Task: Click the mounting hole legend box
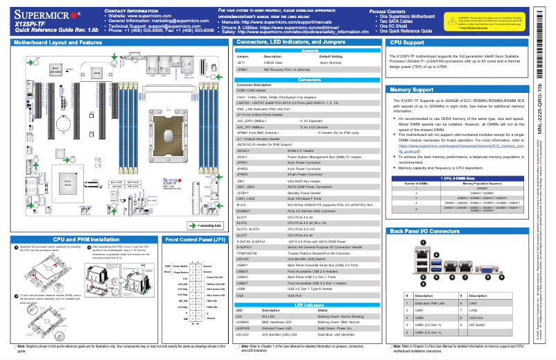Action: click(x=205, y=226)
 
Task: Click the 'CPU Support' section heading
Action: click(x=408, y=42)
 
